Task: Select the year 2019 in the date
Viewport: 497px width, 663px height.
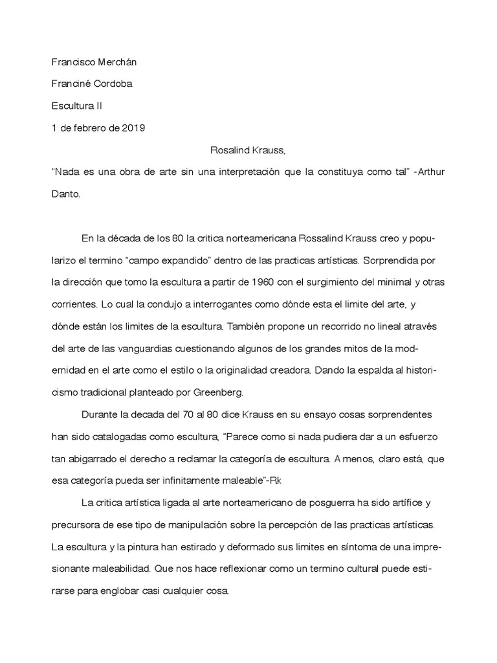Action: pos(133,128)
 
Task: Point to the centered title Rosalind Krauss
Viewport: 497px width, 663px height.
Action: pos(248,150)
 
